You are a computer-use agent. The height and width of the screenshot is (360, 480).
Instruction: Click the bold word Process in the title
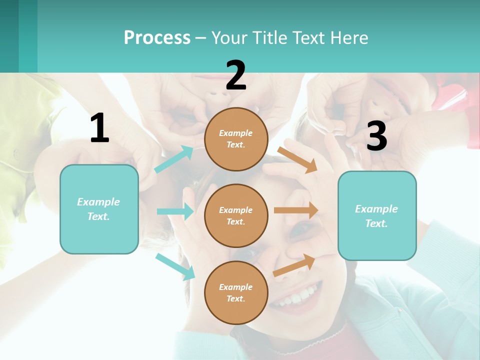click(157, 37)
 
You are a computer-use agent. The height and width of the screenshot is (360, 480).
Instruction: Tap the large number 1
click(99, 128)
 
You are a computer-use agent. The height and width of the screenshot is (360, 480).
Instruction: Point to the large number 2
click(236, 75)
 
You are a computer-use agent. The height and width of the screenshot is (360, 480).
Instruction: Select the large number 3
click(376, 136)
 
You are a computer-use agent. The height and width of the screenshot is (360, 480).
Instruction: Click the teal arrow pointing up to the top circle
click(174, 159)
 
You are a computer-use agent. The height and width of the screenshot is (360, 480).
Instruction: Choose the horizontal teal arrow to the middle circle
click(175, 211)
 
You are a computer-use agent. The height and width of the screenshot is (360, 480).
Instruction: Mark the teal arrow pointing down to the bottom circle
click(175, 266)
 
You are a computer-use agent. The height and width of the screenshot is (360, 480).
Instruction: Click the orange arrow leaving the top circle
click(298, 159)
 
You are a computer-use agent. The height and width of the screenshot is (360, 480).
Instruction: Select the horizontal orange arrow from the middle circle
click(296, 210)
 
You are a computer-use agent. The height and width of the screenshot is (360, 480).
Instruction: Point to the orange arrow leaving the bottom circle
click(294, 265)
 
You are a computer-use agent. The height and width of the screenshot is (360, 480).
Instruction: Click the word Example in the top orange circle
click(236, 133)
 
